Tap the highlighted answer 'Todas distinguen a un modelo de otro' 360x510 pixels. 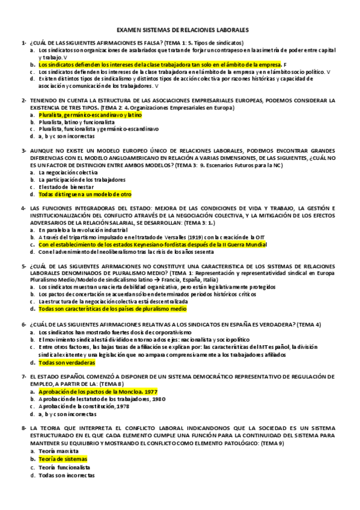(84, 194)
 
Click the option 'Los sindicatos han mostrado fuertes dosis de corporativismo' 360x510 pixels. (115, 332)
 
